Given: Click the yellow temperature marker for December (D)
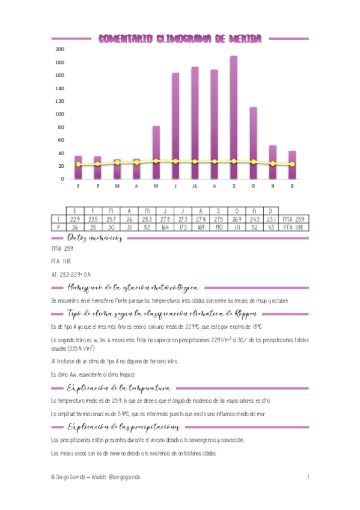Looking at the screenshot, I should [x=292, y=164].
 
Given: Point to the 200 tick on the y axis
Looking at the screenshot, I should [x=59, y=49].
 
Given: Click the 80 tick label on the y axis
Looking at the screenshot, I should [x=61, y=127].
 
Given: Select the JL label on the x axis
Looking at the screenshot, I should [x=195, y=186].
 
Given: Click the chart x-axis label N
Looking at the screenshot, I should [x=272, y=186].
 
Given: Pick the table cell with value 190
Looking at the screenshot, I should [x=219, y=227].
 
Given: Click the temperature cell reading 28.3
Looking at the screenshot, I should [x=145, y=220].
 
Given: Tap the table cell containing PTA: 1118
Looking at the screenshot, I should [x=294, y=227].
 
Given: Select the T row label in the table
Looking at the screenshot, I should [x=58, y=220].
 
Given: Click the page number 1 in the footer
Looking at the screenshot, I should [x=307, y=477].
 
